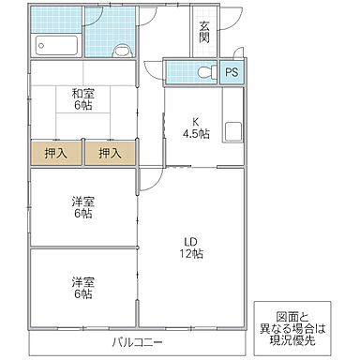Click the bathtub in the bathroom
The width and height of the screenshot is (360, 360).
[55, 44]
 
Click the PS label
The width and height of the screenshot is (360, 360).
[230, 72]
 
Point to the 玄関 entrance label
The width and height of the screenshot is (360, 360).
[204, 33]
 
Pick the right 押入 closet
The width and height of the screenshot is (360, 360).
[111, 153]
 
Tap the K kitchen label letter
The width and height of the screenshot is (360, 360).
[196, 120]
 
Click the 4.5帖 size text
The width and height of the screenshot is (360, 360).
[196, 133]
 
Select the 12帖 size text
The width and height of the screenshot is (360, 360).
[191, 254]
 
